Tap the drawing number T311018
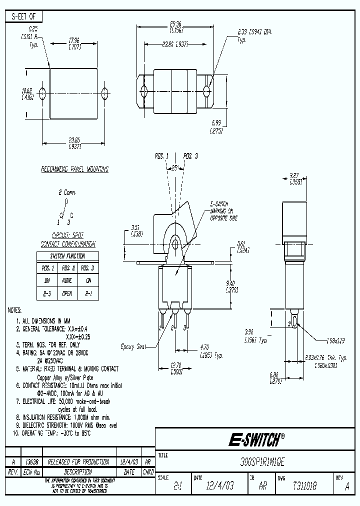point(301,485)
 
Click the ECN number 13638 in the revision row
point(32,462)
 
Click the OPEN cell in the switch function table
point(67,294)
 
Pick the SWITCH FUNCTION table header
point(67,255)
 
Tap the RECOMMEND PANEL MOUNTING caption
point(74,169)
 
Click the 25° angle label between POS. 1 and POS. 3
point(174,168)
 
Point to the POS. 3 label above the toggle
point(190,156)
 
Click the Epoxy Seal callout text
point(133,346)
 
